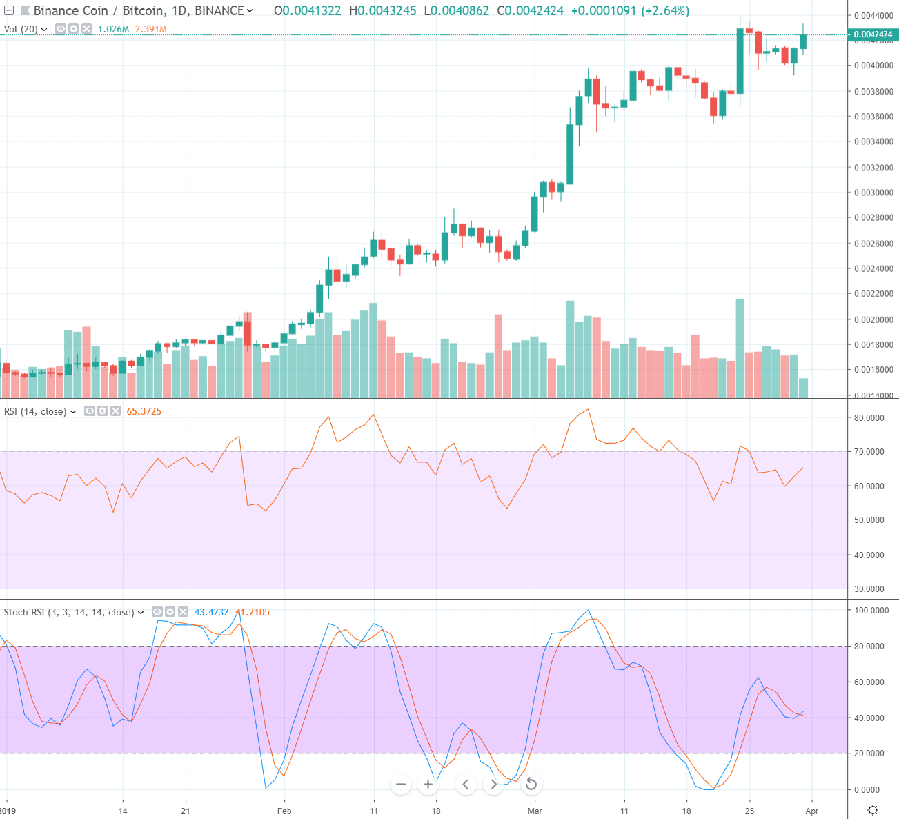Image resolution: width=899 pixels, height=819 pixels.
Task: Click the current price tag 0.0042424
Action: tap(873, 34)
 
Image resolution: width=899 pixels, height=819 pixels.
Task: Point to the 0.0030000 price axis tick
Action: tap(873, 193)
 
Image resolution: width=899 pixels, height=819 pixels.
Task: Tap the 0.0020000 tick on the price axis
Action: tap(873, 319)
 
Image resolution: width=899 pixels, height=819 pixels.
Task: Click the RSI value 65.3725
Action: tap(144, 411)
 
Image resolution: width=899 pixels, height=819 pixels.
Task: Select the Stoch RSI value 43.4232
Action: tap(211, 612)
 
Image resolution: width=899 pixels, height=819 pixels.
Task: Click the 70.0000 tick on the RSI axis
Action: tap(869, 452)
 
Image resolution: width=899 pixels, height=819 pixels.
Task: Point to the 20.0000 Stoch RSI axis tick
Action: tap(869, 753)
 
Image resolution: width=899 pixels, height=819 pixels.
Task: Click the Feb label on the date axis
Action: tap(284, 811)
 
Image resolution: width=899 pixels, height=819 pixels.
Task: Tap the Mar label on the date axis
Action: tap(535, 811)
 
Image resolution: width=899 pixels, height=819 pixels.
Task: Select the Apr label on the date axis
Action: tap(811, 811)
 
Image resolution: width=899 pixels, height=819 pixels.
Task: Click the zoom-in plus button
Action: tap(428, 784)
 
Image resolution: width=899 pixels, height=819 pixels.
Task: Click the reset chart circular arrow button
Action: tap(531, 784)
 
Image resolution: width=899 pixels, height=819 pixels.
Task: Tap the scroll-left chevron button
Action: tap(466, 784)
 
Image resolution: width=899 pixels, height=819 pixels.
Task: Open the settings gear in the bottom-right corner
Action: tap(873, 810)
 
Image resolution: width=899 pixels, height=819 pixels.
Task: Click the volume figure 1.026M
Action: tap(113, 29)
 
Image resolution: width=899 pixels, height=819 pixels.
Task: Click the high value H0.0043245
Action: tap(383, 10)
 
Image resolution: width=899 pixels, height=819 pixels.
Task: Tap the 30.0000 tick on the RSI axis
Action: tap(869, 589)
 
